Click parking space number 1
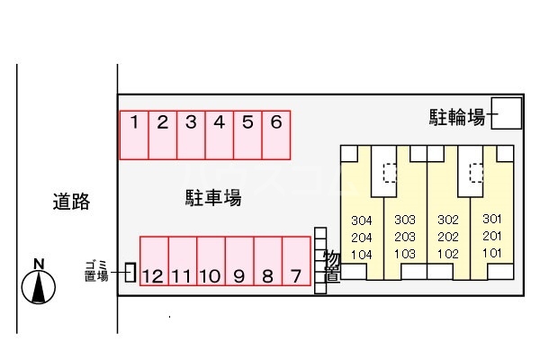pos(134,135)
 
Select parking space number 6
pos(276,135)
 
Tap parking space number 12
pos(154,261)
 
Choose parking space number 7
pos(296,261)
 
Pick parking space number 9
pos(239,261)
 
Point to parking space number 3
pos(191,135)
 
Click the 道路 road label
pos(71,202)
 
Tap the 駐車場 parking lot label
pos(213,198)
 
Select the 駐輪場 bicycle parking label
pos(457,117)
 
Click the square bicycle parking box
pos(506,113)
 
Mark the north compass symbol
pos(38,287)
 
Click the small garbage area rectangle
pos(130,272)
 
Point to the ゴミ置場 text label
pos(96,271)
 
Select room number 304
pos(362,220)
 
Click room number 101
pos(491,253)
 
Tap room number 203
pos(405,237)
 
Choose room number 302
pos(448,220)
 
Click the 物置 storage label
pos(332,267)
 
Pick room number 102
pos(448,254)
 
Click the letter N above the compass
pos(39,264)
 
